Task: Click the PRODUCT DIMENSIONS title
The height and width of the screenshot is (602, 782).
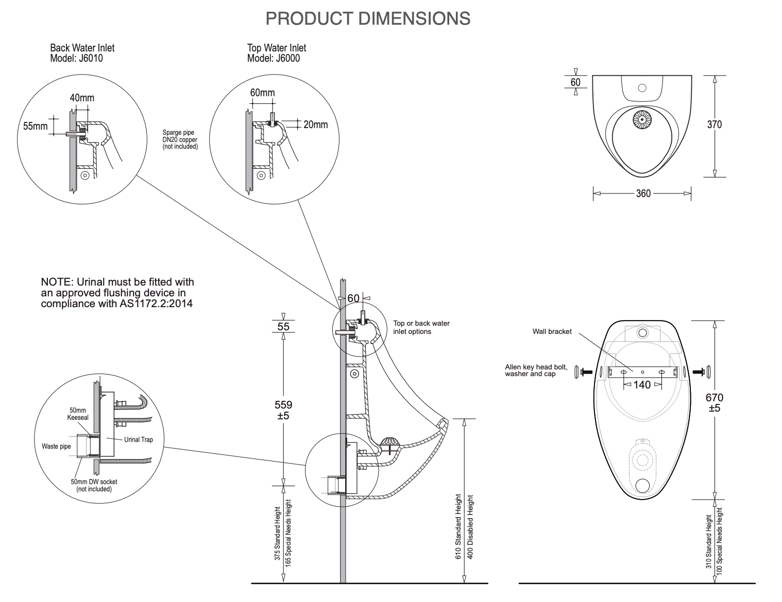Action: pos(368,19)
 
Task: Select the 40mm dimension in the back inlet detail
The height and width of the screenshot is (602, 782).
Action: pos(82,98)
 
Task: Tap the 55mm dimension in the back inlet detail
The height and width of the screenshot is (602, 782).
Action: pos(35,126)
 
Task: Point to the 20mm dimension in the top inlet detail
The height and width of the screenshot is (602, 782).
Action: pos(315,125)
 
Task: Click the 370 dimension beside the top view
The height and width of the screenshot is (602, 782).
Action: pos(714,125)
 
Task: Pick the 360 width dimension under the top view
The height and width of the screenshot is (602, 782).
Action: pos(643,193)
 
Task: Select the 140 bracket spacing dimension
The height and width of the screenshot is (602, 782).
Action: pos(642,385)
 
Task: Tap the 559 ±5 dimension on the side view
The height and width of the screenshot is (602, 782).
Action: pos(283,410)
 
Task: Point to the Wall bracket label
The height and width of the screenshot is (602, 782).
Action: pos(552,332)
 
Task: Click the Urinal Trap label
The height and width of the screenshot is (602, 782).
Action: pos(138,439)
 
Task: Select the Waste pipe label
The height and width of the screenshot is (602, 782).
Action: pos(56,446)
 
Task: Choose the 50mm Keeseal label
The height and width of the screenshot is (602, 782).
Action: pos(78,414)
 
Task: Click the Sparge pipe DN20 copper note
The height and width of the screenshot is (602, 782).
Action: pos(180,139)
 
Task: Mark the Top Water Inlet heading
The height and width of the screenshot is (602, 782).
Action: pos(277,48)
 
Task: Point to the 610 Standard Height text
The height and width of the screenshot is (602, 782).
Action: pos(458,527)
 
